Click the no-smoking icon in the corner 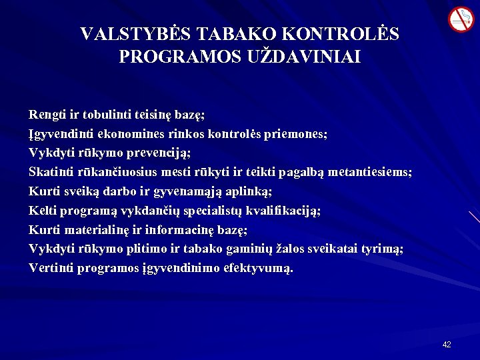coord(460,19)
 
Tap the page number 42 coord(447,345)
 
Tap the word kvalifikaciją coord(285,211)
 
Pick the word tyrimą coord(382,249)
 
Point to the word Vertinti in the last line coord(51,268)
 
